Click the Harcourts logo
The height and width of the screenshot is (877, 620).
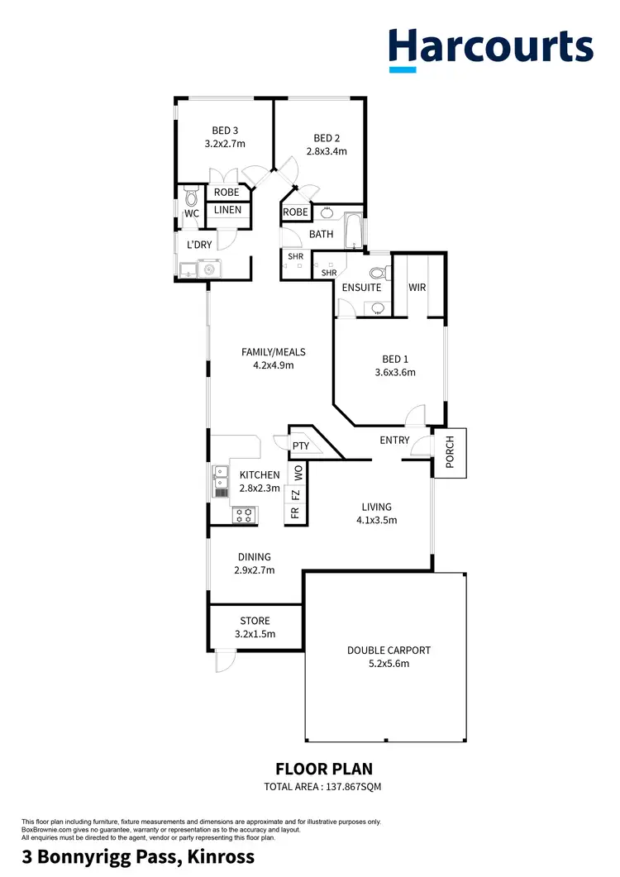point(490,46)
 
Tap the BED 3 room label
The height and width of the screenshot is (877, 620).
point(225,131)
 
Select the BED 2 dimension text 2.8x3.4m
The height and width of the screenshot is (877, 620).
point(326,151)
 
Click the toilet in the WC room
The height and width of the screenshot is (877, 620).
point(191,197)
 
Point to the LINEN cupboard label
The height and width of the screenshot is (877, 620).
point(228,210)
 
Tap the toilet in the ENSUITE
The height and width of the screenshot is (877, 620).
point(379,273)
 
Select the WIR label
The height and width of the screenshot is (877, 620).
point(417,288)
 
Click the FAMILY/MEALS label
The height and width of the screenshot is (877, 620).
point(268,352)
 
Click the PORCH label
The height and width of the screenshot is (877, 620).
point(451,452)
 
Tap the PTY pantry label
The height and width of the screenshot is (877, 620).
point(301,446)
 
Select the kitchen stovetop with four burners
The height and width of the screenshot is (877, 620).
point(245,515)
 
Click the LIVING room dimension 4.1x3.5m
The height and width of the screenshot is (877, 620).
point(376,521)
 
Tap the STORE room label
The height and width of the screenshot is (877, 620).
point(255,621)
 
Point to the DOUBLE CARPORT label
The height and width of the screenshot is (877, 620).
point(389,651)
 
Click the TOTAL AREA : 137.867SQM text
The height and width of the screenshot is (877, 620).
point(322,786)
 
